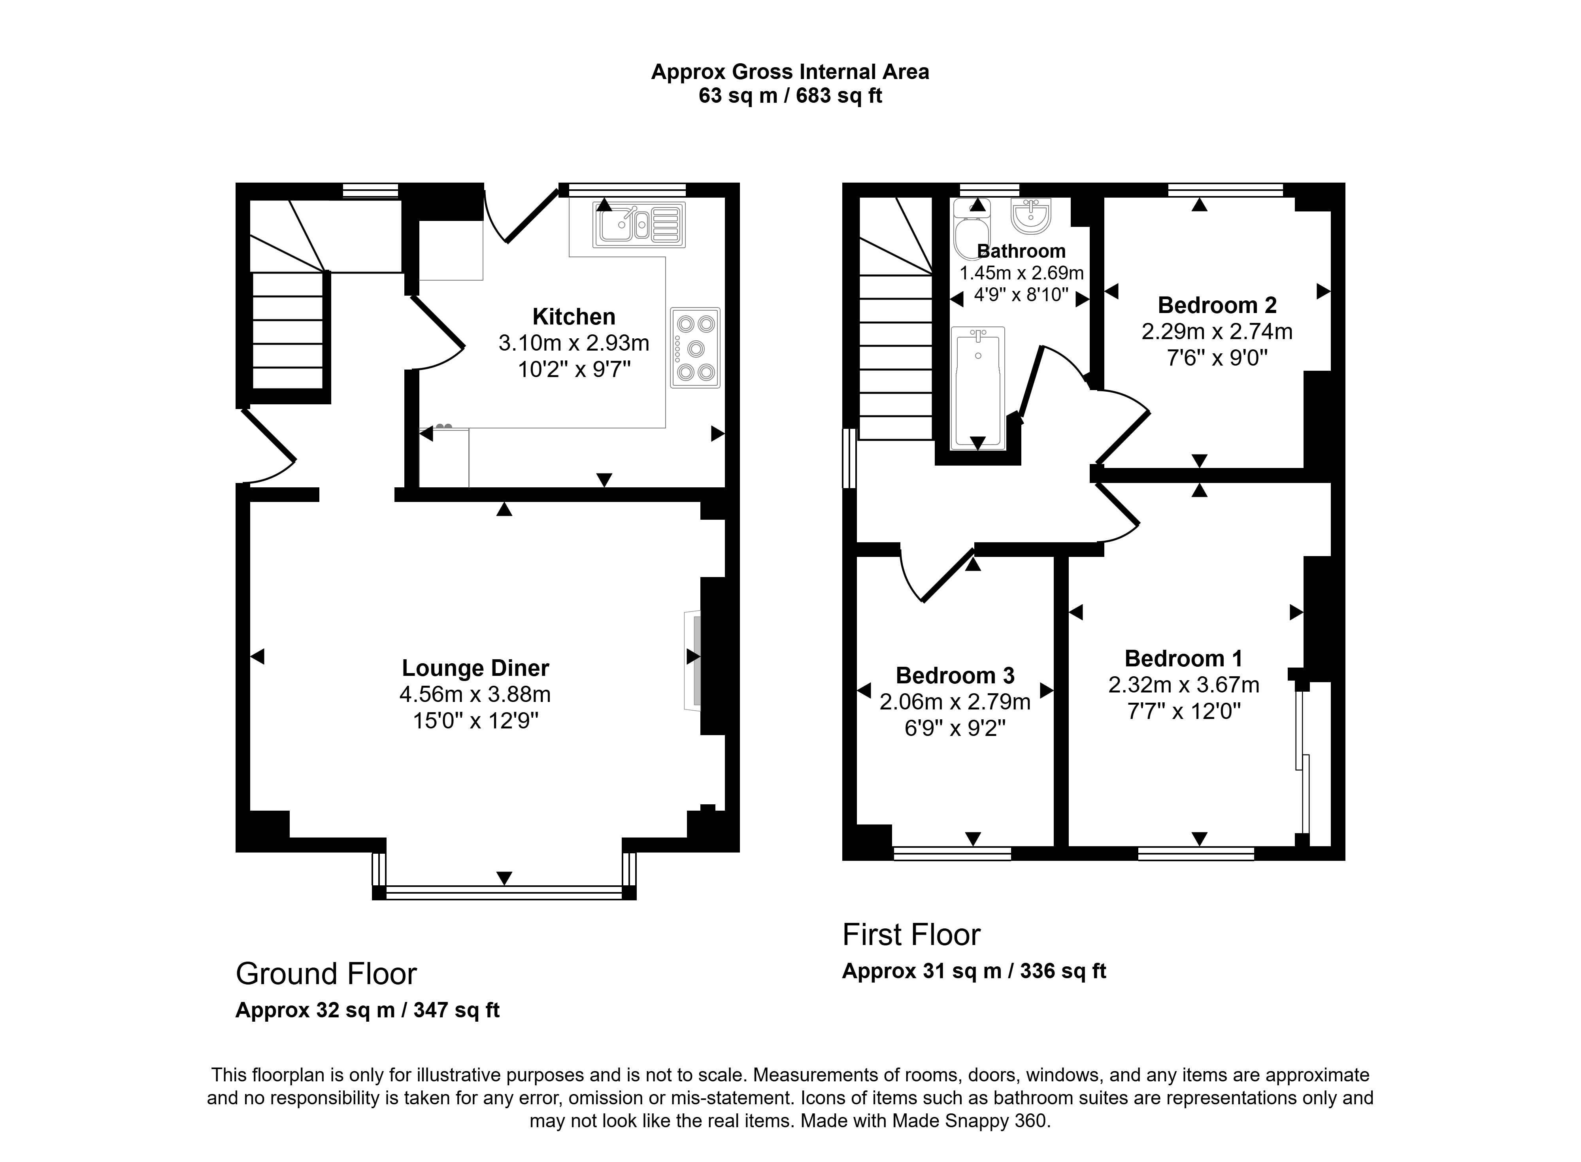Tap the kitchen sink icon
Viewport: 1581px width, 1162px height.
click(639, 225)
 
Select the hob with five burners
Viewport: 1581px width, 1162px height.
click(695, 347)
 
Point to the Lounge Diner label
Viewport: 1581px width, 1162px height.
click(475, 668)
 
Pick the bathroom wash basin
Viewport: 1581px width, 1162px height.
click(1031, 215)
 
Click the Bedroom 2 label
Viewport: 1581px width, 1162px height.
click(1217, 305)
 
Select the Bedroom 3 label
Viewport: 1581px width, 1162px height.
click(955, 675)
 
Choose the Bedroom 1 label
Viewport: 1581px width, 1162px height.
click(1184, 658)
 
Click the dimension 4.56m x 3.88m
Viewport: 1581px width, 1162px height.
click(475, 694)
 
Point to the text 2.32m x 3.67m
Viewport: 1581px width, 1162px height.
click(1184, 685)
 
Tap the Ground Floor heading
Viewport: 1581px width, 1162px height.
click(326, 974)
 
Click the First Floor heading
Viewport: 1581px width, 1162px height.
click(911, 935)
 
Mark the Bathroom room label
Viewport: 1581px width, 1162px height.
click(1021, 251)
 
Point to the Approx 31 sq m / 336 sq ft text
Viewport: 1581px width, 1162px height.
click(974, 971)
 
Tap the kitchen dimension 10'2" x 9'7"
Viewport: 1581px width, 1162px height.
click(574, 369)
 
